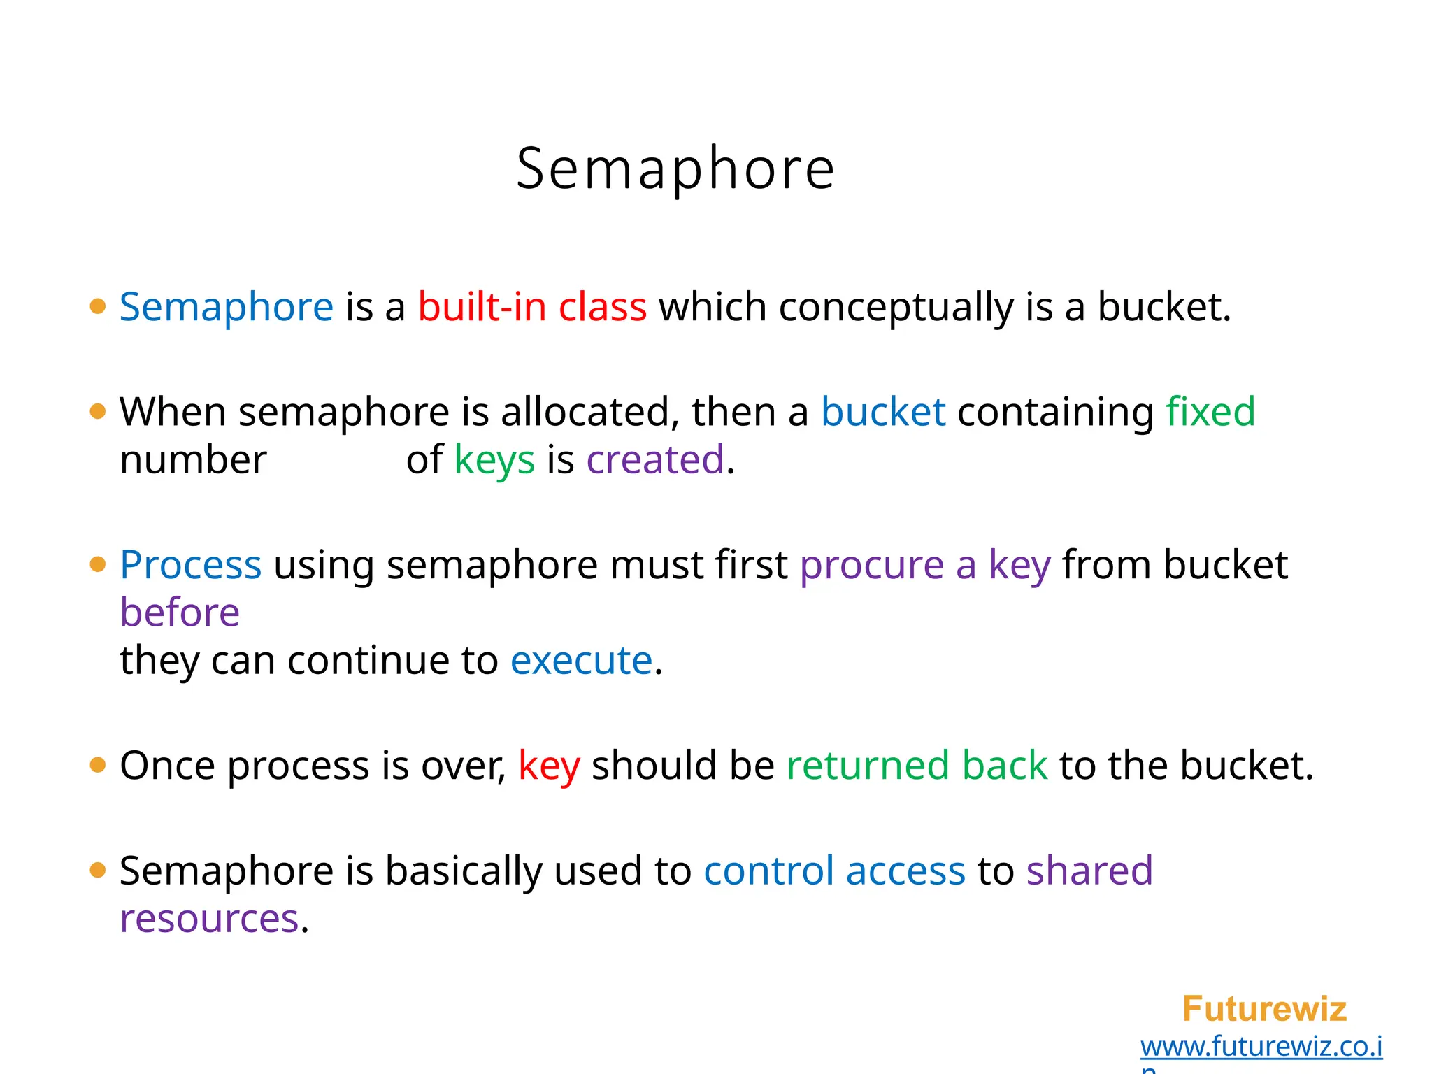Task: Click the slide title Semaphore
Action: coord(675,169)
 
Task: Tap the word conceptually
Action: coord(896,308)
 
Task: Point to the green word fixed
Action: coord(1210,411)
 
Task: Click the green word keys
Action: coord(494,461)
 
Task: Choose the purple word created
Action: coord(655,459)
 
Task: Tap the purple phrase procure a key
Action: coord(925,566)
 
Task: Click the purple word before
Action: coord(180,613)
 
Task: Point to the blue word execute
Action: coord(581,660)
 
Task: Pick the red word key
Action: coord(549,766)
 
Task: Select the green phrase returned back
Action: coord(917,765)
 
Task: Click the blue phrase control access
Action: coord(834,871)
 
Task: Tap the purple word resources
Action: coord(209,919)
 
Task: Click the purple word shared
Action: coord(1089,871)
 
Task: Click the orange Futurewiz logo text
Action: coord(1264,1009)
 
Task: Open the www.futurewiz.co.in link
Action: coord(1261,1047)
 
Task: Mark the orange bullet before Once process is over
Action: coord(98,766)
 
